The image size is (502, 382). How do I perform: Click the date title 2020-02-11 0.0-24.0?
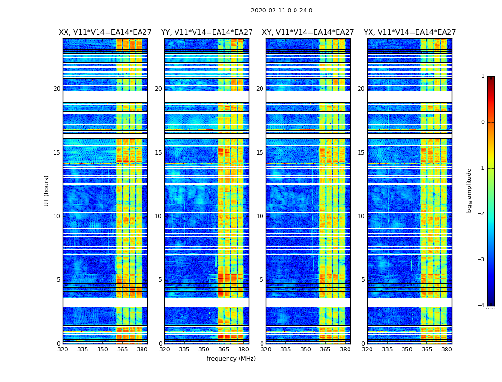(x=282, y=11)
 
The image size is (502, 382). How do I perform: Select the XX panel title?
(x=105, y=32)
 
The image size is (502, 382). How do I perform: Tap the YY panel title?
(x=207, y=32)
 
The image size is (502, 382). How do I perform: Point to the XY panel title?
(x=308, y=32)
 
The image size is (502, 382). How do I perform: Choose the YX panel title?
(x=410, y=32)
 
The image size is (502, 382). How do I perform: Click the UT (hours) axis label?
(x=47, y=191)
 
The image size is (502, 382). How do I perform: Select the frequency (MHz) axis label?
(x=231, y=359)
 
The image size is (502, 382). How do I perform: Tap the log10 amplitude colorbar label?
(x=469, y=191)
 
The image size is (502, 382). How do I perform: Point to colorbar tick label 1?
(x=483, y=76)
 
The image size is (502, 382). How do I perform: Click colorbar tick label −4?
(x=482, y=306)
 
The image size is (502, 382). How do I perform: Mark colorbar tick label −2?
(x=482, y=214)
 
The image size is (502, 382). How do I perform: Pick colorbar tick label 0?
(x=483, y=122)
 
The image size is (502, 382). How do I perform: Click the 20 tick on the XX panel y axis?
(x=57, y=89)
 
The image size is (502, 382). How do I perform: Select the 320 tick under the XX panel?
(x=63, y=350)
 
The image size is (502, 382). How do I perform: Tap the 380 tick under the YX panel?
(x=447, y=350)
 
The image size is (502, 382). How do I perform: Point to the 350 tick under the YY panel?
(x=204, y=350)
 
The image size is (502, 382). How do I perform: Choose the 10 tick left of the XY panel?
(x=260, y=216)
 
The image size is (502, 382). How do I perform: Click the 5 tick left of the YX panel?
(x=363, y=280)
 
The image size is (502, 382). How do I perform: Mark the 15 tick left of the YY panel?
(x=158, y=153)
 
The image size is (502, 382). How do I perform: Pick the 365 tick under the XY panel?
(x=325, y=350)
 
